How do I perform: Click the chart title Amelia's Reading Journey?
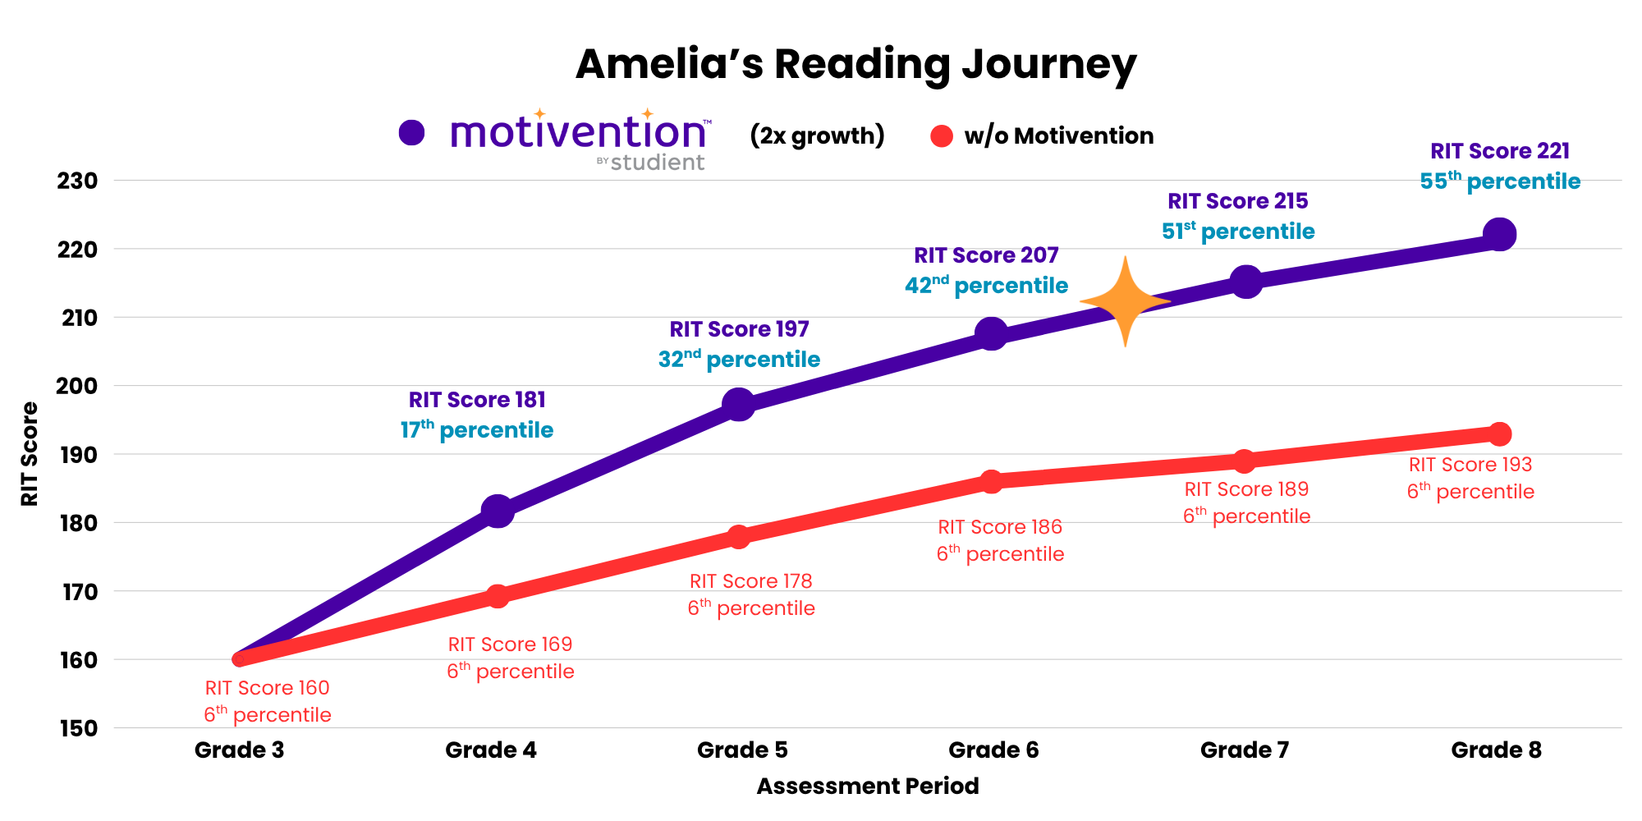tap(855, 64)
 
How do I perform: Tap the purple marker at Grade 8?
tap(1499, 235)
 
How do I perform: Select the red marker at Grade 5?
tap(738, 537)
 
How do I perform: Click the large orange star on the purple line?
tap(1125, 301)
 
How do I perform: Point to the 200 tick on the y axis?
tap(76, 386)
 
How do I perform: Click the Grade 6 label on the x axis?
tap(993, 750)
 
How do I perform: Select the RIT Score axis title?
tap(30, 453)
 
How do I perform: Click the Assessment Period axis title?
tap(867, 786)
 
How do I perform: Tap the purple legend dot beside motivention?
tap(411, 132)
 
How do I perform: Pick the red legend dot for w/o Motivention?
tap(942, 136)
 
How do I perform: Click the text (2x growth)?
tap(817, 135)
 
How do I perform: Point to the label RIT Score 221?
tap(1500, 151)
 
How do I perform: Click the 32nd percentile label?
tap(739, 360)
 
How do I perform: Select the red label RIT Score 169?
tap(510, 644)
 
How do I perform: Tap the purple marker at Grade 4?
tap(497, 511)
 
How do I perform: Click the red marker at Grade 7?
tap(1244, 461)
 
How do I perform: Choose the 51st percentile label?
tap(1238, 232)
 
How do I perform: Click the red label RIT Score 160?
tap(267, 688)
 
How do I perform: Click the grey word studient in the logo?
tap(657, 163)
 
